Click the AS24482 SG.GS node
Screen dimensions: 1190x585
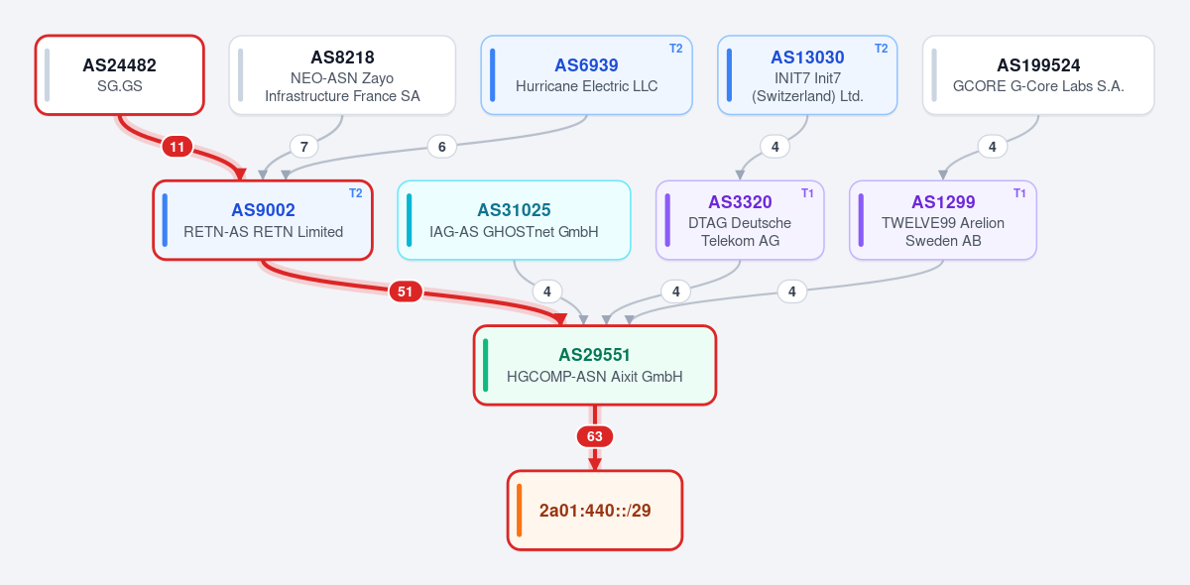[120, 75]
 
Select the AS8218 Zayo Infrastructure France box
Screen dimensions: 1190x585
[342, 75]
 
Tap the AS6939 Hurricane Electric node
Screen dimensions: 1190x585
[586, 75]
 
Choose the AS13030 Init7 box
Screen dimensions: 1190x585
[807, 75]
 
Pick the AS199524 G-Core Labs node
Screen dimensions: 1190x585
[1038, 75]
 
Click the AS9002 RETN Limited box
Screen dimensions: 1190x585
[263, 220]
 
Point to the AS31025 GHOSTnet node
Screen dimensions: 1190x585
[514, 220]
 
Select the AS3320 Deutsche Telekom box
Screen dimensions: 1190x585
[740, 220]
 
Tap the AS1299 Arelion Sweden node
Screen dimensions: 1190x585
[943, 220]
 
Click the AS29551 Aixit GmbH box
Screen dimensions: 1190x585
[594, 365]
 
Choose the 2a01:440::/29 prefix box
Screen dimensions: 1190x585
[594, 510]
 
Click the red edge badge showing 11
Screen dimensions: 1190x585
[178, 147]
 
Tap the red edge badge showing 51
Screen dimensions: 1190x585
[406, 292]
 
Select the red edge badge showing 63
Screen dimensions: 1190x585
[594, 436]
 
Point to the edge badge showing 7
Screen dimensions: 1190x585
[303, 147]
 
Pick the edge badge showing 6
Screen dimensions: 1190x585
[441, 147]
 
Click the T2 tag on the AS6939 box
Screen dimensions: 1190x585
[675, 49]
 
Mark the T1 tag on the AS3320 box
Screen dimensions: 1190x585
[807, 193]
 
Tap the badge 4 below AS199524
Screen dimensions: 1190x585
[992, 147]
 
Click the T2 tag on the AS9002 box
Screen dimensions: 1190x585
[355, 193]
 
